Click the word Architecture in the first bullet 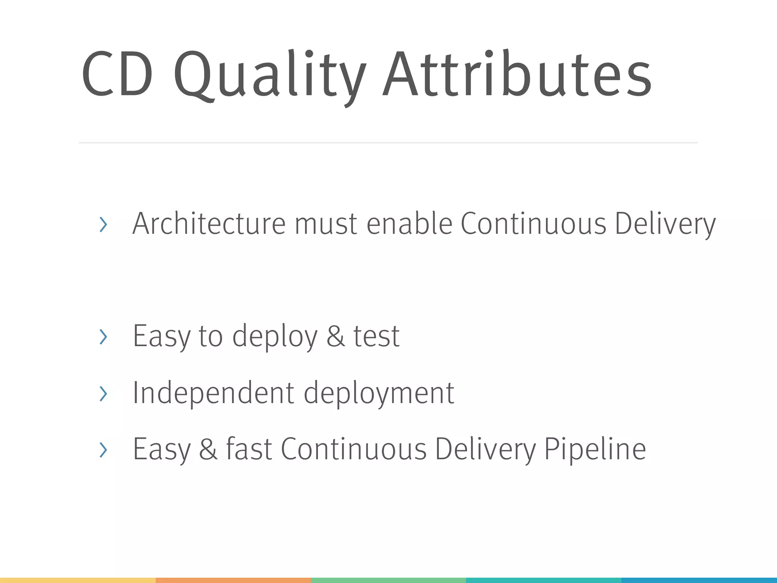click(x=208, y=224)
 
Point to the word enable click(x=409, y=224)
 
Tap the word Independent click(x=213, y=393)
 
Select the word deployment click(x=379, y=394)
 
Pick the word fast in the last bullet click(x=249, y=449)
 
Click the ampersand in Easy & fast click(x=208, y=449)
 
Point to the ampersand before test click(x=336, y=336)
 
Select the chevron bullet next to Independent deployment click(x=103, y=394)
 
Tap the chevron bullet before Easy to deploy click(x=103, y=337)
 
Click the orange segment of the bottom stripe click(x=233, y=580)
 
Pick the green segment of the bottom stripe click(x=388, y=580)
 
